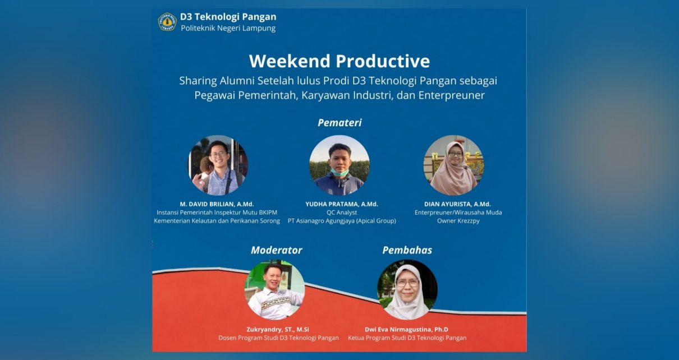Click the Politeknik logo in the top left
(x=167, y=22)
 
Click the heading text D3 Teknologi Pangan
(x=228, y=17)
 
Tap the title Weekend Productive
(x=339, y=61)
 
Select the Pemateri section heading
(x=339, y=122)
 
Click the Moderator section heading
(x=276, y=250)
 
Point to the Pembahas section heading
(x=407, y=250)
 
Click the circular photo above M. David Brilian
(x=218, y=165)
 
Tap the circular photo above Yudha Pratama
(x=339, y=165)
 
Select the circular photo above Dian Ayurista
(x=453, y=165)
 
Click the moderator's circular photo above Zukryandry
(x=274, y=290)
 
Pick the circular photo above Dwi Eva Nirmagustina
(x=407, y=290)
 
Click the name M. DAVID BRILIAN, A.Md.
(x=217, y=204)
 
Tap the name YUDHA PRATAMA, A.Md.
(x=341, y=204)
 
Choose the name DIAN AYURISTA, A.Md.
(x=458, y=204)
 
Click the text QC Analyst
(x=341, y=213)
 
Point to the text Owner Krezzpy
(x=458, y=221)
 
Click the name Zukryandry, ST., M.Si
(x=278, y=329)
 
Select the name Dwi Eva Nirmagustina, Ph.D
(x=407, y=329)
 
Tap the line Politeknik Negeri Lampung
(x=228, y=29)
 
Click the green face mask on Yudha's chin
(x=339, y=173)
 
